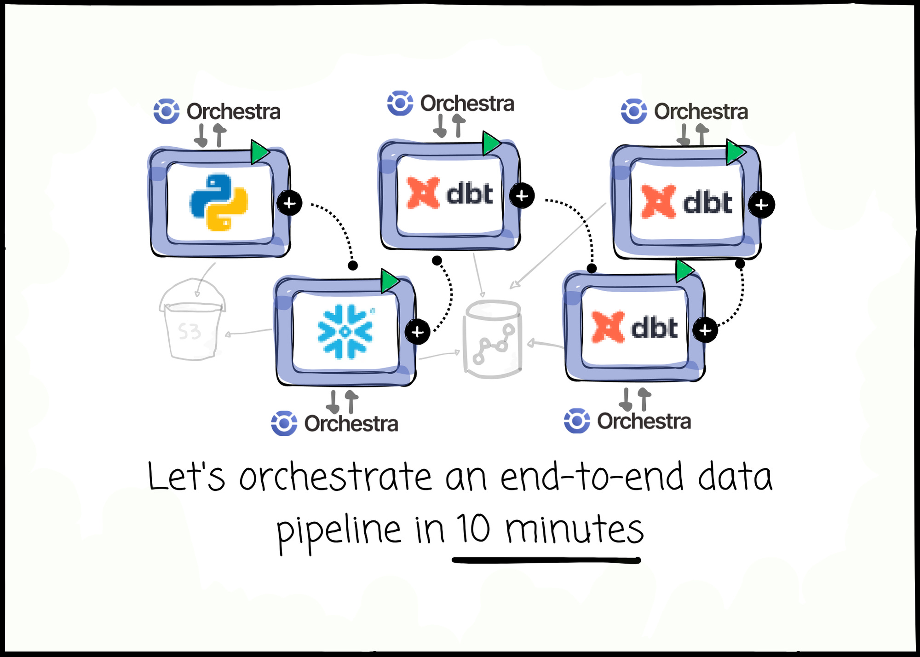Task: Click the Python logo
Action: [x=219, y=202]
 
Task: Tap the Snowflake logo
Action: [x=345, y=331]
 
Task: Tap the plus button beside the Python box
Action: [x=289, y=203]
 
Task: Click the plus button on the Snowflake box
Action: [x=417, y=332]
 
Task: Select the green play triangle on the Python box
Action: [x=259, y=152]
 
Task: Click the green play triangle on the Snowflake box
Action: [x=389, y=281]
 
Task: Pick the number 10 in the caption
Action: [x=474, y=529]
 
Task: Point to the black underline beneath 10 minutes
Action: [x=546, y=560]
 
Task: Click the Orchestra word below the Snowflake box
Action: [x=351, y=424]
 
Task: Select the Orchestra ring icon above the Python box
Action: [x=166, y=111]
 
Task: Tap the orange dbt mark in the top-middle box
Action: [x=423, y=193]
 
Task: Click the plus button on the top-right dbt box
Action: [x=761, y=205]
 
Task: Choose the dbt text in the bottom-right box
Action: [x=654, y=328]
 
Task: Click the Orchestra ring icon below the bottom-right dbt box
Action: [x=577, y=421]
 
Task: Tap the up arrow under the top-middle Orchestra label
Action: [x=458, y=126]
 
